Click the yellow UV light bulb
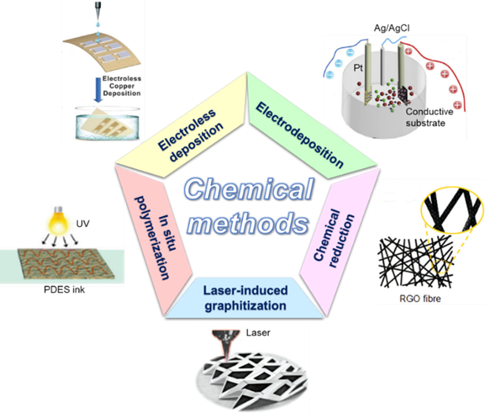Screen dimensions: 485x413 [59, 220]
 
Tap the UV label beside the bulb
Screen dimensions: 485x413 [83, 223]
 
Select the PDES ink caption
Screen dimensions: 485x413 [65, 290]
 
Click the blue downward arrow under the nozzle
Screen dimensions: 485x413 [98, 89]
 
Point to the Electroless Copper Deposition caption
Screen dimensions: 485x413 [122, 86]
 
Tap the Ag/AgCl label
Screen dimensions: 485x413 [391, 28]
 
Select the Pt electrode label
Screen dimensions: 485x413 [358, 68]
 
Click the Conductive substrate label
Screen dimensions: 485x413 [429, 117]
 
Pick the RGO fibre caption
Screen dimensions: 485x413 [420, 299]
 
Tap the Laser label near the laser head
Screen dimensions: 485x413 [258, 333]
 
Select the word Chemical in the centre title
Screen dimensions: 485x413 [249, 189]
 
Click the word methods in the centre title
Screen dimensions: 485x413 [248, 223]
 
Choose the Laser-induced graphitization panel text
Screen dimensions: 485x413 [245, 298]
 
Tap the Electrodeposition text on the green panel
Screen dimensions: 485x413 [300, 135]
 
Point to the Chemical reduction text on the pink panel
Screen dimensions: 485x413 [334, 238]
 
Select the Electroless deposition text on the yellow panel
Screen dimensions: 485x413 [190, 135]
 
